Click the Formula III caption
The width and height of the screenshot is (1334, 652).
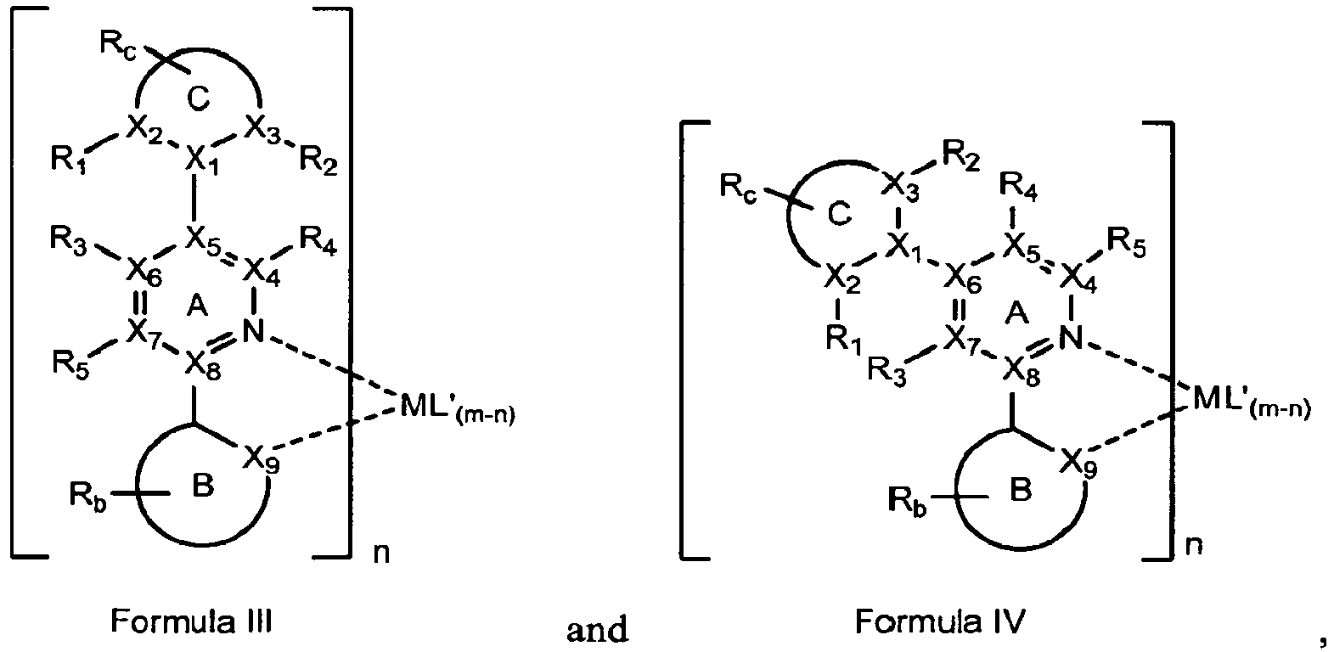click(x=191, y=622)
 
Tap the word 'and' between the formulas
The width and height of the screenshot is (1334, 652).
click(x=597, y=630)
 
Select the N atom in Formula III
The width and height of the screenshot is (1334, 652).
click(x=254, y=331)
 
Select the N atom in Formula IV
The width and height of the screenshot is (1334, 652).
click(x=1071, y=338)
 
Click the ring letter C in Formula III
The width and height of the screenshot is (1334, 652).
click(x=198, y=99)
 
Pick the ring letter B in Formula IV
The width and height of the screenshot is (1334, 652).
click(x=1021, y=490)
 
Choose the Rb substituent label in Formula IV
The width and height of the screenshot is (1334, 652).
click(x=907, y=499)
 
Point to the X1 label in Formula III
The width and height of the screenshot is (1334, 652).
click(x=202, y=161)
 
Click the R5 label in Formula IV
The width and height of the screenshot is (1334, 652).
click(x=1126, y=244)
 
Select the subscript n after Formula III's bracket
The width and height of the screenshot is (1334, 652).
click(x=381, y=554)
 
